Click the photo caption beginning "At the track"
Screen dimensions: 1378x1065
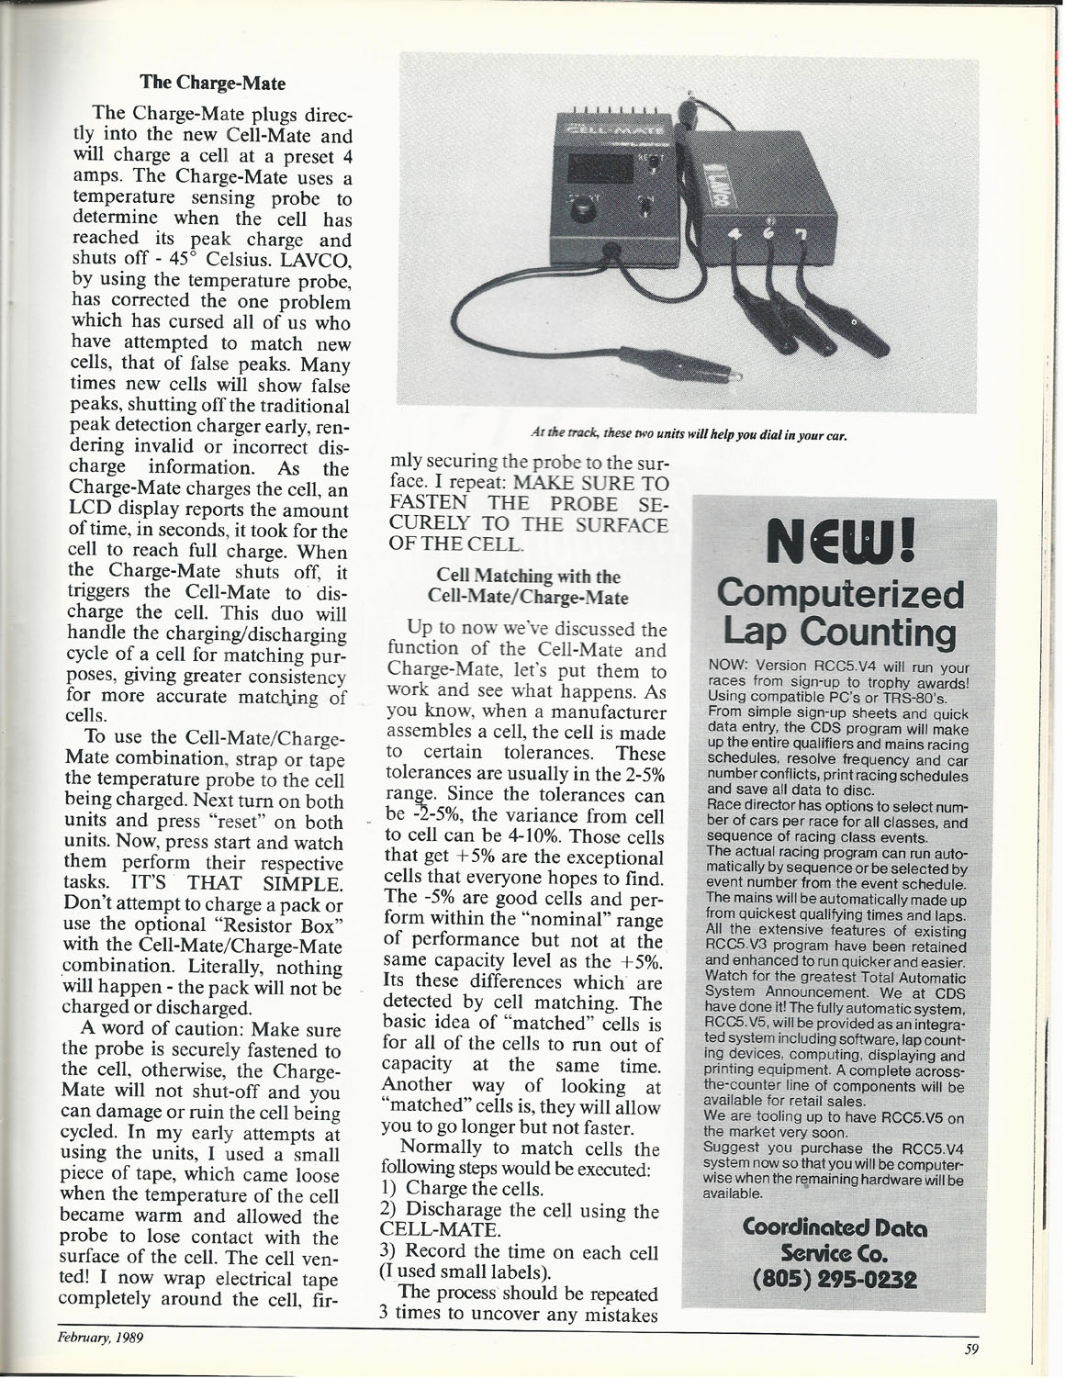click(x=689, y=436)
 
